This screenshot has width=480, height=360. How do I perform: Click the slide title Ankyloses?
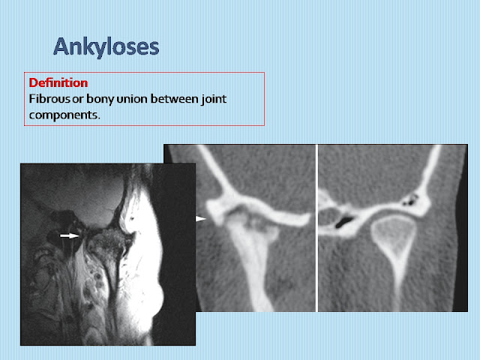click(x=106, y=47)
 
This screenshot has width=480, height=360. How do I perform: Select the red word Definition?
click(x=58, y=82)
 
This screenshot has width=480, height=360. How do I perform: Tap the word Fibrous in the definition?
click(x=49, y=99)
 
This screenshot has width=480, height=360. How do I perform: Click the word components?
click(x=63, y=115)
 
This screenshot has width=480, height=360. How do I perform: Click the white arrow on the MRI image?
click(x=69, y=235)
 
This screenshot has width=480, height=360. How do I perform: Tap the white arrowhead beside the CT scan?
click(x=200, y=218)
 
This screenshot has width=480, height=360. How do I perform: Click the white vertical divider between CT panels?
click(x=316, y=228)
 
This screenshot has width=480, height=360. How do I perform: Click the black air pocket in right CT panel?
click(x=344, y=222)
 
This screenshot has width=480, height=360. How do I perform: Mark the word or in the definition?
click(x=78, y=100)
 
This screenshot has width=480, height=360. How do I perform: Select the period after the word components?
click(x=98, y=118)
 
